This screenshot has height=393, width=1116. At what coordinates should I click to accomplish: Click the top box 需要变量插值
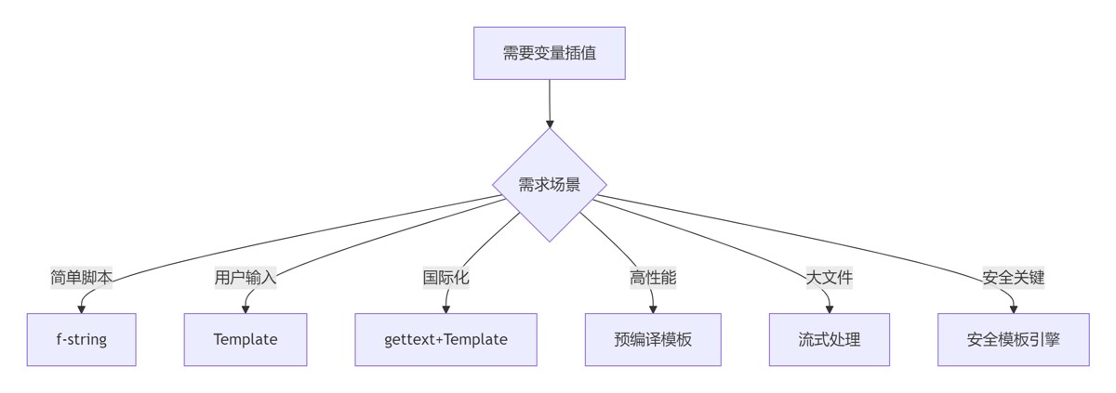[x=549, y=53]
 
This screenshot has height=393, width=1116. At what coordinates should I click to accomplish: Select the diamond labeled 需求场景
[x=549, y=185]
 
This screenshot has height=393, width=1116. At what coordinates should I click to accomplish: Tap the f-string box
[x=81, y=340]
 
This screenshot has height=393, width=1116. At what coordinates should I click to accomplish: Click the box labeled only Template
[x=246, y=340]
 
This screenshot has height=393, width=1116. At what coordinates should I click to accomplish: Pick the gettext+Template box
[x=445, y=340]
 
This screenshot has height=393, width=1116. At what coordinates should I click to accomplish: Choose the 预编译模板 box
[x=653, y=340]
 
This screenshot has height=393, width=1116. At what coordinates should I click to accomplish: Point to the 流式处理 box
[x=829, y=340]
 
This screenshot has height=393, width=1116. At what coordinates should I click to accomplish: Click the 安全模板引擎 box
[x=1014, y=340]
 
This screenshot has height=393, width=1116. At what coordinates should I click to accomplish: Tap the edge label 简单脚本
[x=81, y=278]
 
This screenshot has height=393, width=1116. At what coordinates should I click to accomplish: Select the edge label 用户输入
[x=246, y=278]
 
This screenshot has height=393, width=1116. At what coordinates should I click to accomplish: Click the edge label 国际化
[x=445, y=278]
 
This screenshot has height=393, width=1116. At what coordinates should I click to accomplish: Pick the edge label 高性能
[x=653, y=278]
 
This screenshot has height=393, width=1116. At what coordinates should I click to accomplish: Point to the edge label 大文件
[x=829, y=278]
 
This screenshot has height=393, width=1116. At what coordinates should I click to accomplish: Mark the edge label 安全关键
[x=1014, y=278]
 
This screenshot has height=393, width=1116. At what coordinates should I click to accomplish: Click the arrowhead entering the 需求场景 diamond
[x=550, y=124]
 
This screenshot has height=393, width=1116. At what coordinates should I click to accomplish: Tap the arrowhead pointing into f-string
[x=81, y=309]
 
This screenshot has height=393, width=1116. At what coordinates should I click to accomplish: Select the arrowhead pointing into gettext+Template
[x=445, y=309]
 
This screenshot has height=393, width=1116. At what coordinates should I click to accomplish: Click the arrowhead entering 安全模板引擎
[x=1014, y=309]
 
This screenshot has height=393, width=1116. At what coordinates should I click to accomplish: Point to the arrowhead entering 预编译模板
[x=653, y=309]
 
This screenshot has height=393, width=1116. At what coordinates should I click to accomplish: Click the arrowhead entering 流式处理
[x=829, y=309]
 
